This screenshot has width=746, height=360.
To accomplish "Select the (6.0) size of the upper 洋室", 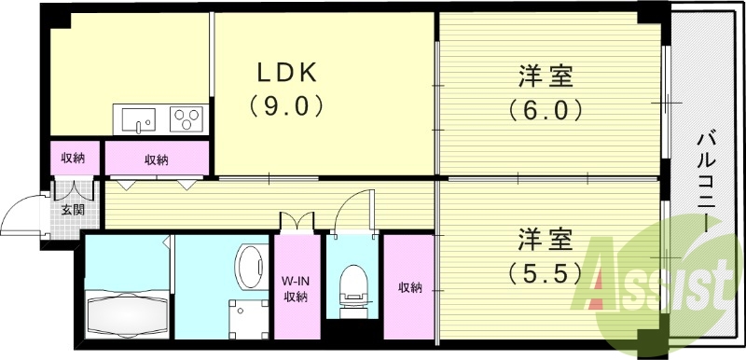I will pyautogui.click(x=546, y=110).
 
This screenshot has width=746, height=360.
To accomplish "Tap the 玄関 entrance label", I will pyautogui.click(x=73, y=210).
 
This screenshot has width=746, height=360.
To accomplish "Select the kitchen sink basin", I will pyautogui.click(x=138, y=119).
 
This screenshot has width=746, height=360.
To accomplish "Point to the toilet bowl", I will pyautogui.click(x=352, y=283).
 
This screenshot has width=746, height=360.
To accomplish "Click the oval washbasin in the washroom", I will pyautogui.click(x=247, y=268).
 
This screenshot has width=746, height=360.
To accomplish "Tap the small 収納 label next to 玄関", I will pyautogui.click(x=73, y=159).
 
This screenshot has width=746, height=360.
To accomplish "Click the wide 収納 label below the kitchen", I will pyautogui.click(x=157, y=159).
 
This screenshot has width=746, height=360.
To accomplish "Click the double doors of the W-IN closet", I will pyautogui.click(x=297, y=224).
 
